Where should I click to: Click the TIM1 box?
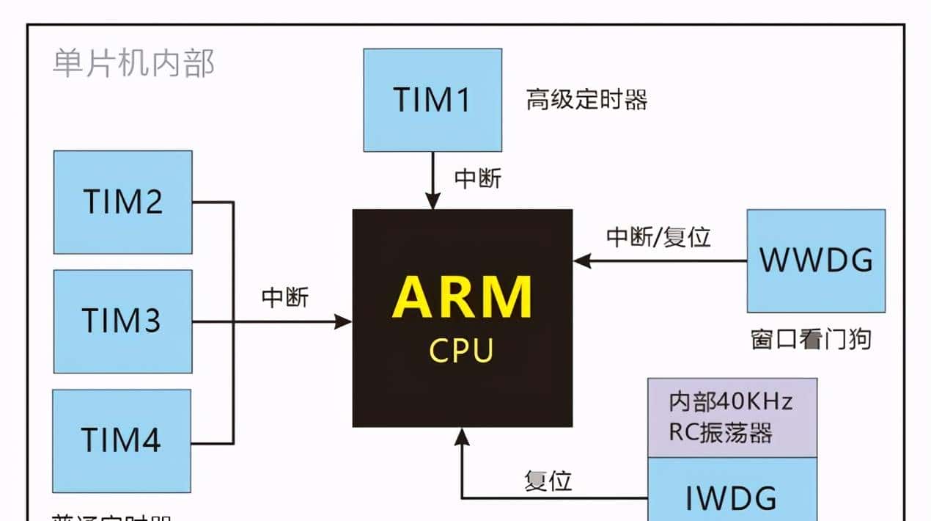(x=433, y=101)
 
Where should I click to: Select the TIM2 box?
(x=122, y=202)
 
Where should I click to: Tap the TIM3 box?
(x=122, y=321)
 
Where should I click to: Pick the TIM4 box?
(x=122, y=440)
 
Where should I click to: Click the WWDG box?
(x=816, y=260)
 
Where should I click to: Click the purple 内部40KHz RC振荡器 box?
(x=732, y=418)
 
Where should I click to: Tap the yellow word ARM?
(x=462, y=297)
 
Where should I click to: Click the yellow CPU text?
(x=462, y=351)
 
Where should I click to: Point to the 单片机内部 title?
(x=133, y=65)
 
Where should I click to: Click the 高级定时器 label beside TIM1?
(x=586, y=100)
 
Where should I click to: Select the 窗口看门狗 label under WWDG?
(x=811, y=340)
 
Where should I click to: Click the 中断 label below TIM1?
(x=478, y=178)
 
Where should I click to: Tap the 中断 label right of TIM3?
(x=285, y=297)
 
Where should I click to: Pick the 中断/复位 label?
(x=658, y=237)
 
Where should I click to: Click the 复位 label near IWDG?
(x=548, y=481)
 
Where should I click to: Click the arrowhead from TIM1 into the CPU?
(x=433, y=202)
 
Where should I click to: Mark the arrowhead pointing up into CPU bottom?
(x=462, y=437)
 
